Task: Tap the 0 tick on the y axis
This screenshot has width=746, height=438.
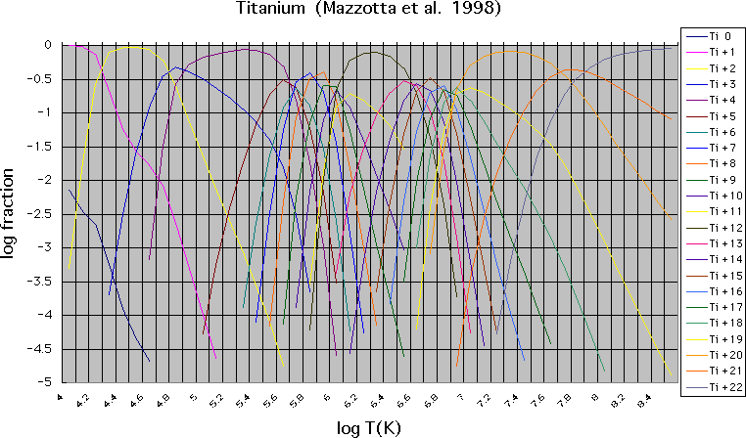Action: click(49, 45)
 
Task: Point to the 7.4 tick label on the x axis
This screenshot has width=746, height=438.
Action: click(512, 398)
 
